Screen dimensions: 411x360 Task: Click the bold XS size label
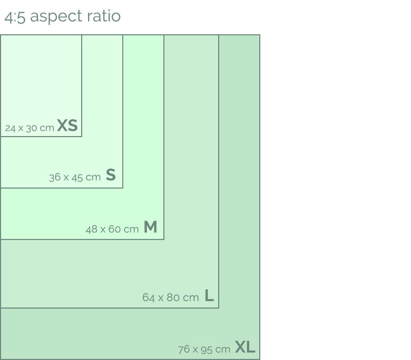67,125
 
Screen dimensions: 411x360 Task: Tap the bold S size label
111,175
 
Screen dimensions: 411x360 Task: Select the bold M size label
150,227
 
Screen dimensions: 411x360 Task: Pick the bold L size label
209,295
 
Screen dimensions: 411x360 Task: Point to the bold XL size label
245,347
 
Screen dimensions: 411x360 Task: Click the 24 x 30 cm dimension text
30,128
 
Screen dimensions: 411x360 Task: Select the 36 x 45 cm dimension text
75,178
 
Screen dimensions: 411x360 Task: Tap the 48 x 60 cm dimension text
112,229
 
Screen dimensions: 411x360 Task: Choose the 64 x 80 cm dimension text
171,298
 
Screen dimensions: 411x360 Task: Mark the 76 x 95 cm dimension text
204,349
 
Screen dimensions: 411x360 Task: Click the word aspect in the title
56,16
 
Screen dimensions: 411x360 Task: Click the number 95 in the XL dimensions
206,350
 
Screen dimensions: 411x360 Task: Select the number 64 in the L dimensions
148,298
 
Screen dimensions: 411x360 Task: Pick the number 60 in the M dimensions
114,229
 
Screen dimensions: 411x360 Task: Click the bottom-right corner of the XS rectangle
82,136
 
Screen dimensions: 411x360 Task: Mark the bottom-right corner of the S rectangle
123,188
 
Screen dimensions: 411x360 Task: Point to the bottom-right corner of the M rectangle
164,239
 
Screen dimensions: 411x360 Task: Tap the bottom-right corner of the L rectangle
219,308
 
